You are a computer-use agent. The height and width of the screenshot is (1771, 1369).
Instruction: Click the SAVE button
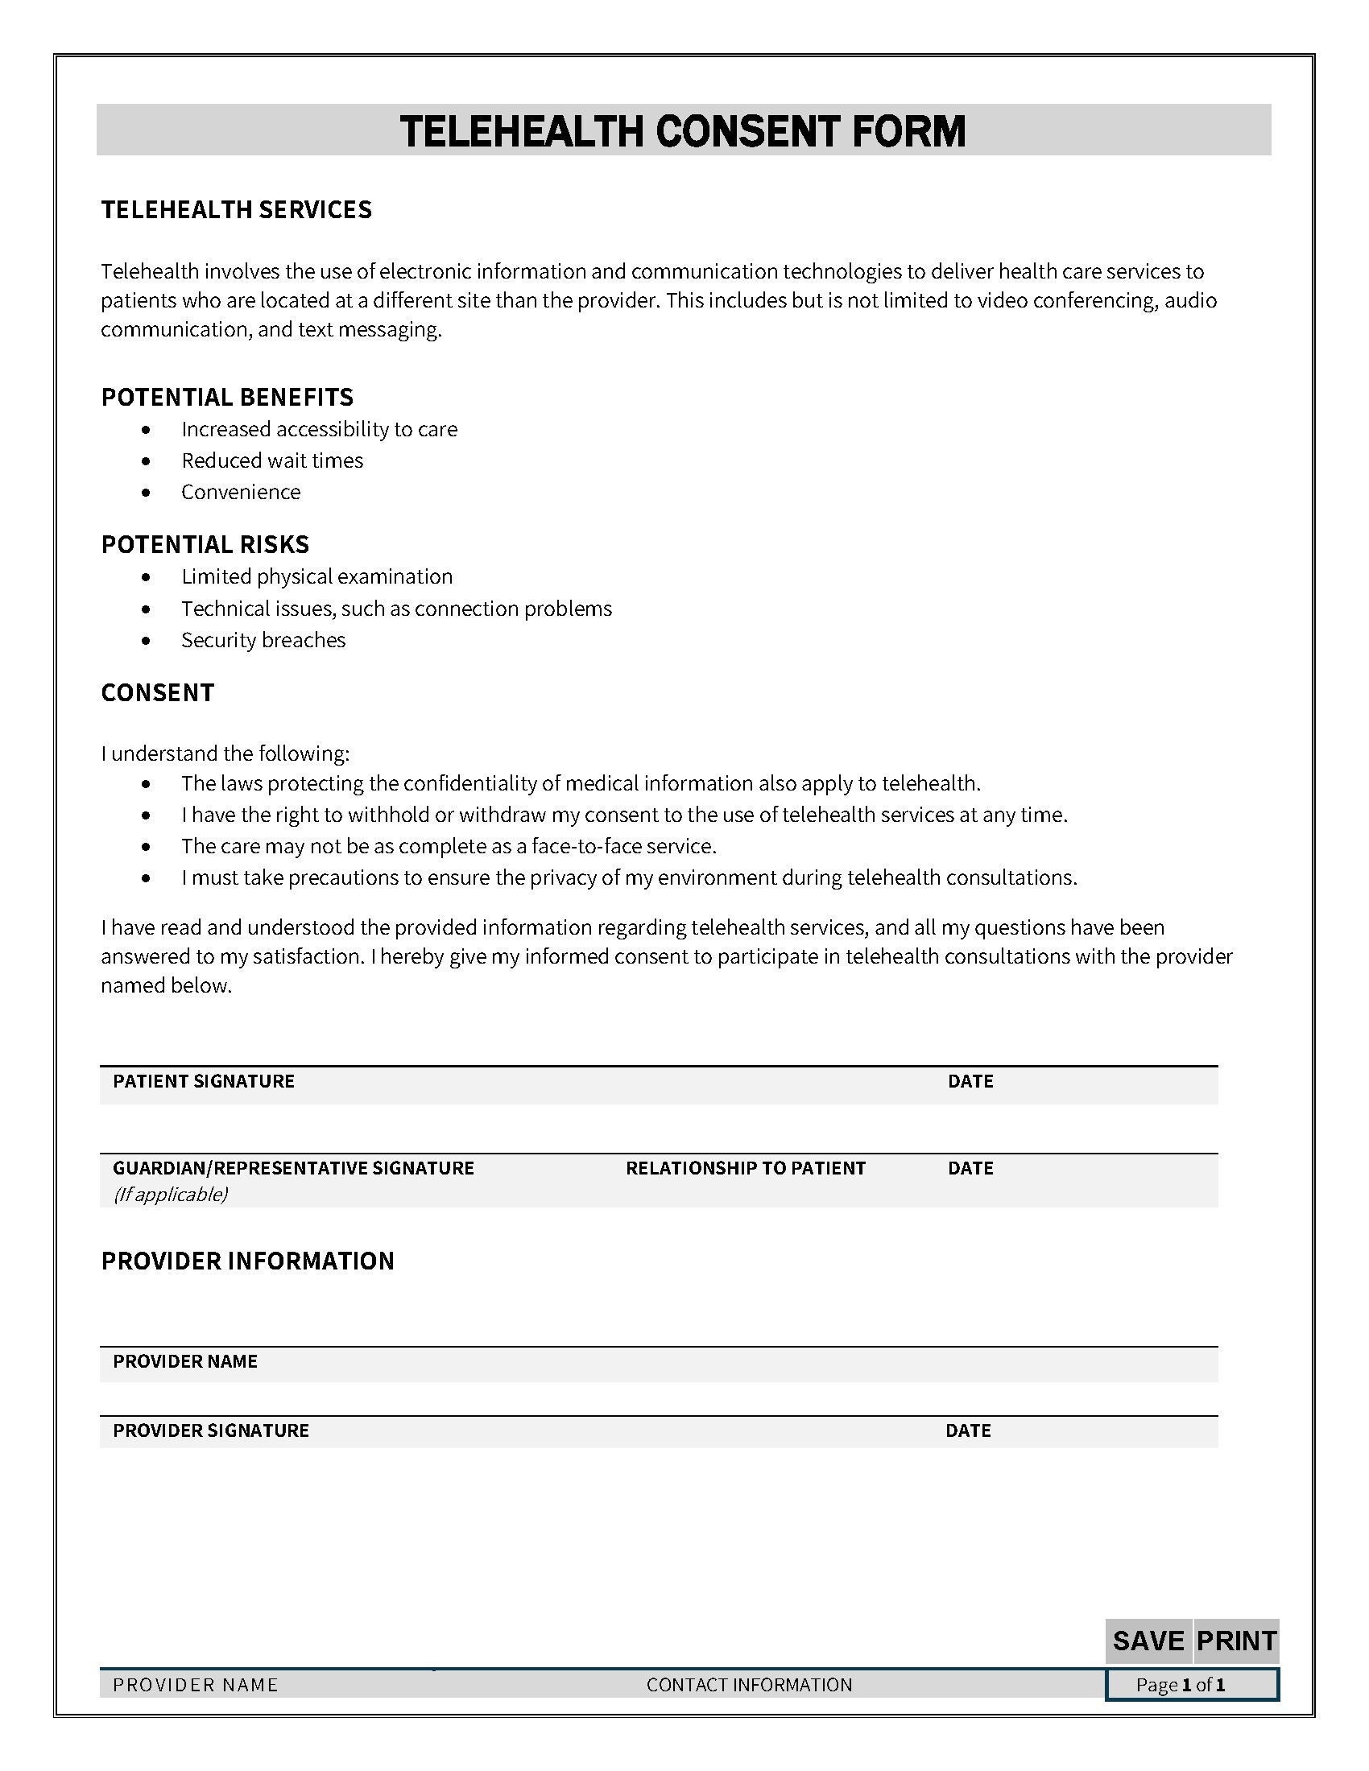pyautogui.click(x=1148, y=1641)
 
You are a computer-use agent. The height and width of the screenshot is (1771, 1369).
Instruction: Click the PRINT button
pyautogui.click(x=1235, y=1641)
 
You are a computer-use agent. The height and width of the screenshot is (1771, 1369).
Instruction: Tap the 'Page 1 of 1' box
pyautogui.click(x=1190, y=1684)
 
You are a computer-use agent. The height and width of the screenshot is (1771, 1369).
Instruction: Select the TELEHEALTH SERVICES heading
pyautogui.click(x=236, y=209)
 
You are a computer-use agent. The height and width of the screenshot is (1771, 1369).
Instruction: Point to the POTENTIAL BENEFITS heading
pyautogui.click(x=227, y=397)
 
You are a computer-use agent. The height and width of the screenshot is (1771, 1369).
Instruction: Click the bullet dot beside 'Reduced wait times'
pyautogui.click(x=146, y=460)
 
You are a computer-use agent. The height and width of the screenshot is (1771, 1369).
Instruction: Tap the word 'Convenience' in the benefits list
pyautogui.click(x=241, y=491)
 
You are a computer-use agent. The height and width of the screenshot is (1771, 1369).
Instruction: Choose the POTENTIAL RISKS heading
pyautogui.click(x=205, y=543)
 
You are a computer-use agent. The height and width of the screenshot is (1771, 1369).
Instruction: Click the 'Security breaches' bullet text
pyautogui.click(x=263, y=640)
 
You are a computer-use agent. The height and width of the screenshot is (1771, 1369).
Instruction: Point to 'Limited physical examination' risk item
pyautogui.click(x=317, y=576)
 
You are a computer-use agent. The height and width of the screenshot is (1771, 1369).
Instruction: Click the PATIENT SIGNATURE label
pyautogui.click(x=204, y=1081)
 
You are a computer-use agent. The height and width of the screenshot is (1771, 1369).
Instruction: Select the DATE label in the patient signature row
pyautogui.click(x=970, y=1081)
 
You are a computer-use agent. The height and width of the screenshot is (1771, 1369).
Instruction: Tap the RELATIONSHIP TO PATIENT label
pyautogui.click(x=746, y=1168)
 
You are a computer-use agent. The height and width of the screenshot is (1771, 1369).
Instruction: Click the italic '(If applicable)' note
pyautogui.click(x=170, y=1194)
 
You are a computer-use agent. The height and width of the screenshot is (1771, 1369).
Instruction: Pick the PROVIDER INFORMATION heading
pyautogui.click(x=247, y=1260)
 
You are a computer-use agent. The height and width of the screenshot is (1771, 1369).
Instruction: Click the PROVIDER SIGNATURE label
pyautogui.click(x=211, y=1430)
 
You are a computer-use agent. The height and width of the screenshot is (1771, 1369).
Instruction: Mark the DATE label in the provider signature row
pyautogui.click(x=967, y=1430)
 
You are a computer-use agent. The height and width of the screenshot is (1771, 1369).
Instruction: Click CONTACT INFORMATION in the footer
pyautogui.click(x=749, y=1684)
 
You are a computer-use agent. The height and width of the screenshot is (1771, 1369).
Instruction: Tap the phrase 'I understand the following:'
pyautogui.click(x=225, y=753)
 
